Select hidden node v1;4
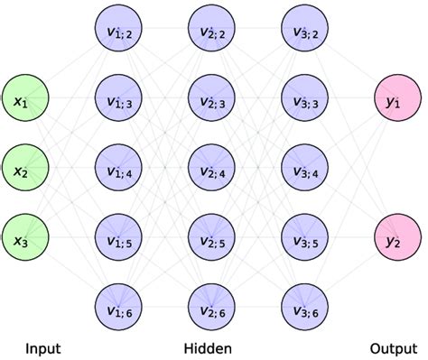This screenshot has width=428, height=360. [x=117, y=170]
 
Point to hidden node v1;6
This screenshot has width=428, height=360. [x=117, y=309]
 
